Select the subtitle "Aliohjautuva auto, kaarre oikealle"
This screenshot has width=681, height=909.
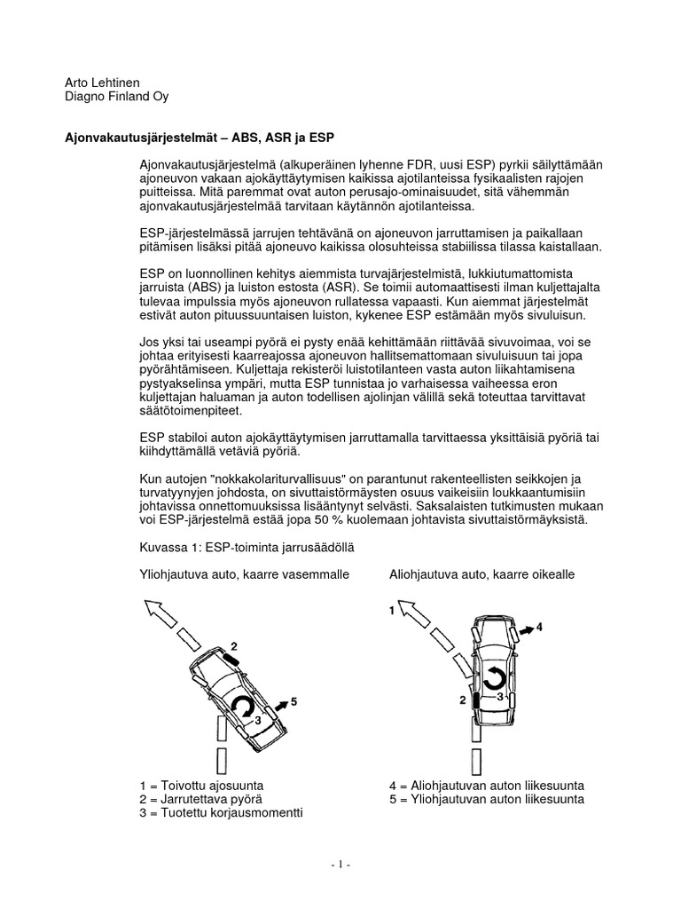click(481, 574)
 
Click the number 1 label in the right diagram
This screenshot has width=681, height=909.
click(391, 610)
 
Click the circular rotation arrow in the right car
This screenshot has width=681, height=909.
click(493, 678)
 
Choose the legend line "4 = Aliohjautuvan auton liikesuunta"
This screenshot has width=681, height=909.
click(486, 786)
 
